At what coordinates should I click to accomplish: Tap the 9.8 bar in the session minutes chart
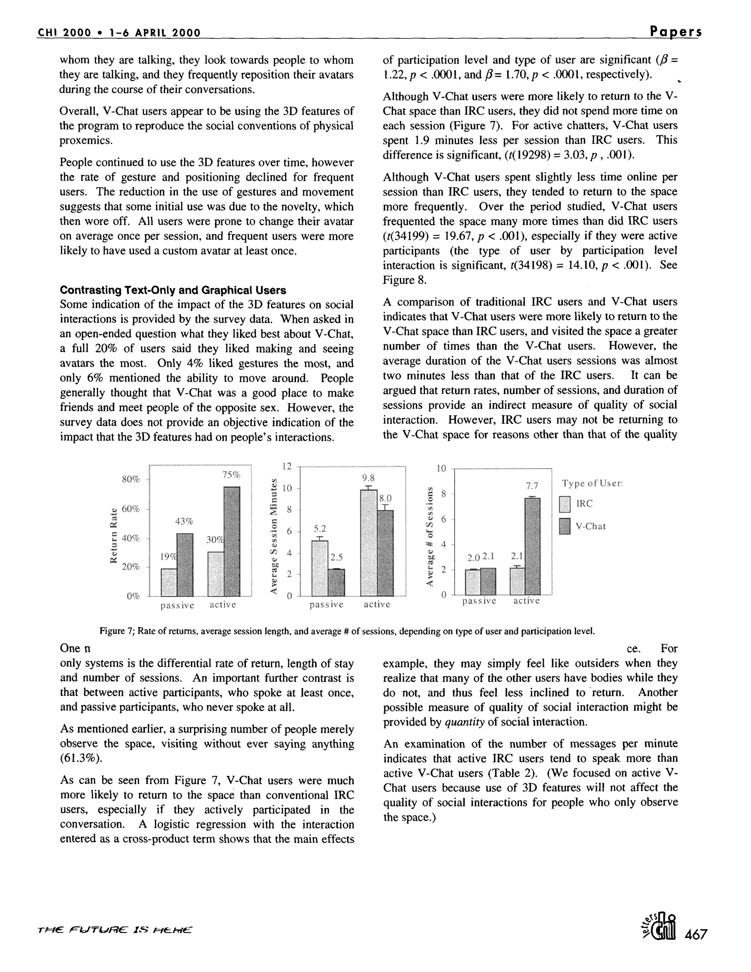coord(369,542)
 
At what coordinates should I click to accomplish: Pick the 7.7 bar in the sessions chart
coord(532,546)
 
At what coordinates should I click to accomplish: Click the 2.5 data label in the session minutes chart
coord(336,558)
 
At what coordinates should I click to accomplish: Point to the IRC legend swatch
coord(565,504)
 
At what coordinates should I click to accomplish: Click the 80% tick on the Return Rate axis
coord(131,479)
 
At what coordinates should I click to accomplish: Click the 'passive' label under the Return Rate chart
coord(177,605)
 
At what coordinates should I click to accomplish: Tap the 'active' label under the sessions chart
coord(526,601)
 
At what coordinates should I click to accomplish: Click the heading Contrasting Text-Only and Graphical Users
coord(173,290)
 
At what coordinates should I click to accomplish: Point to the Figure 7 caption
coord(347,631)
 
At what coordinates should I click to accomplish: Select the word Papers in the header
coord(675,32)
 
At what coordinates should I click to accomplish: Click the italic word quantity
coord(464,722)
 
